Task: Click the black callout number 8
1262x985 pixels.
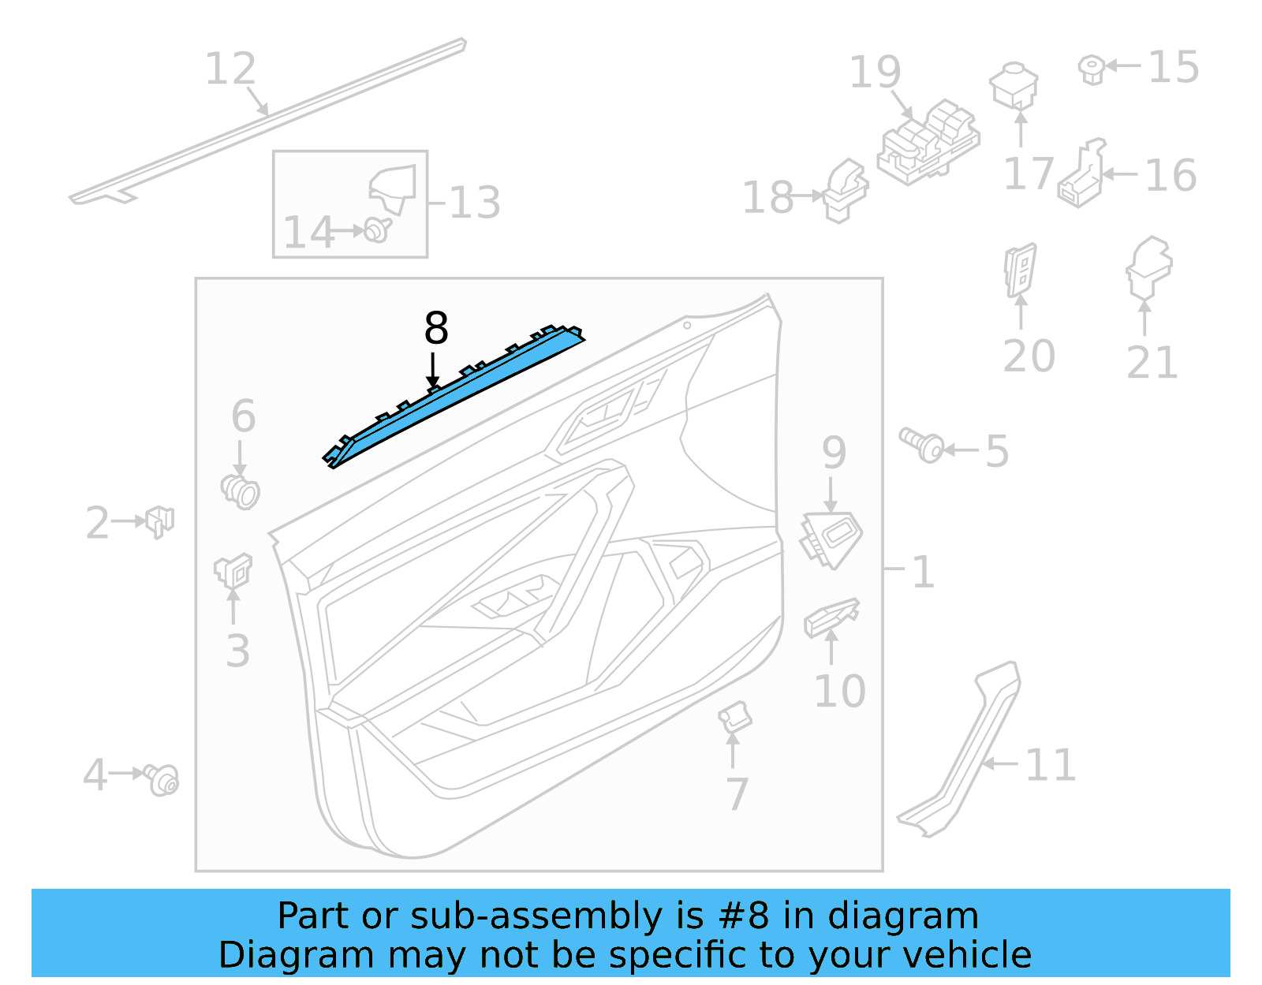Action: coord(435,328)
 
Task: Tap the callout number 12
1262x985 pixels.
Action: coord(230,69)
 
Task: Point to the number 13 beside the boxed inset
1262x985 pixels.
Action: coord(475,203)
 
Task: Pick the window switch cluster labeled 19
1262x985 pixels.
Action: coord(928,143)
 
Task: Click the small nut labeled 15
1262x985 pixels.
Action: coord(1091,69)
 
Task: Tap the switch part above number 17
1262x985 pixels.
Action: coord(1014,85)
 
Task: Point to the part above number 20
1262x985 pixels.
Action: coord(1020,269)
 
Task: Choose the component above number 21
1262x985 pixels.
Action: coord(1148,267)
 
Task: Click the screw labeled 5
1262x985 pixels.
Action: coord(921,446)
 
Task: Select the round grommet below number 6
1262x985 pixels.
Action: coord(241,491)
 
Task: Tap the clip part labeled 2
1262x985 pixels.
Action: coord(159,520)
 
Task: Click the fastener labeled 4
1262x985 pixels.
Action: coord(162,779)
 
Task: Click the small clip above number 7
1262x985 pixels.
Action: coord(734,716)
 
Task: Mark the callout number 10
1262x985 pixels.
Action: coord(839,692)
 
